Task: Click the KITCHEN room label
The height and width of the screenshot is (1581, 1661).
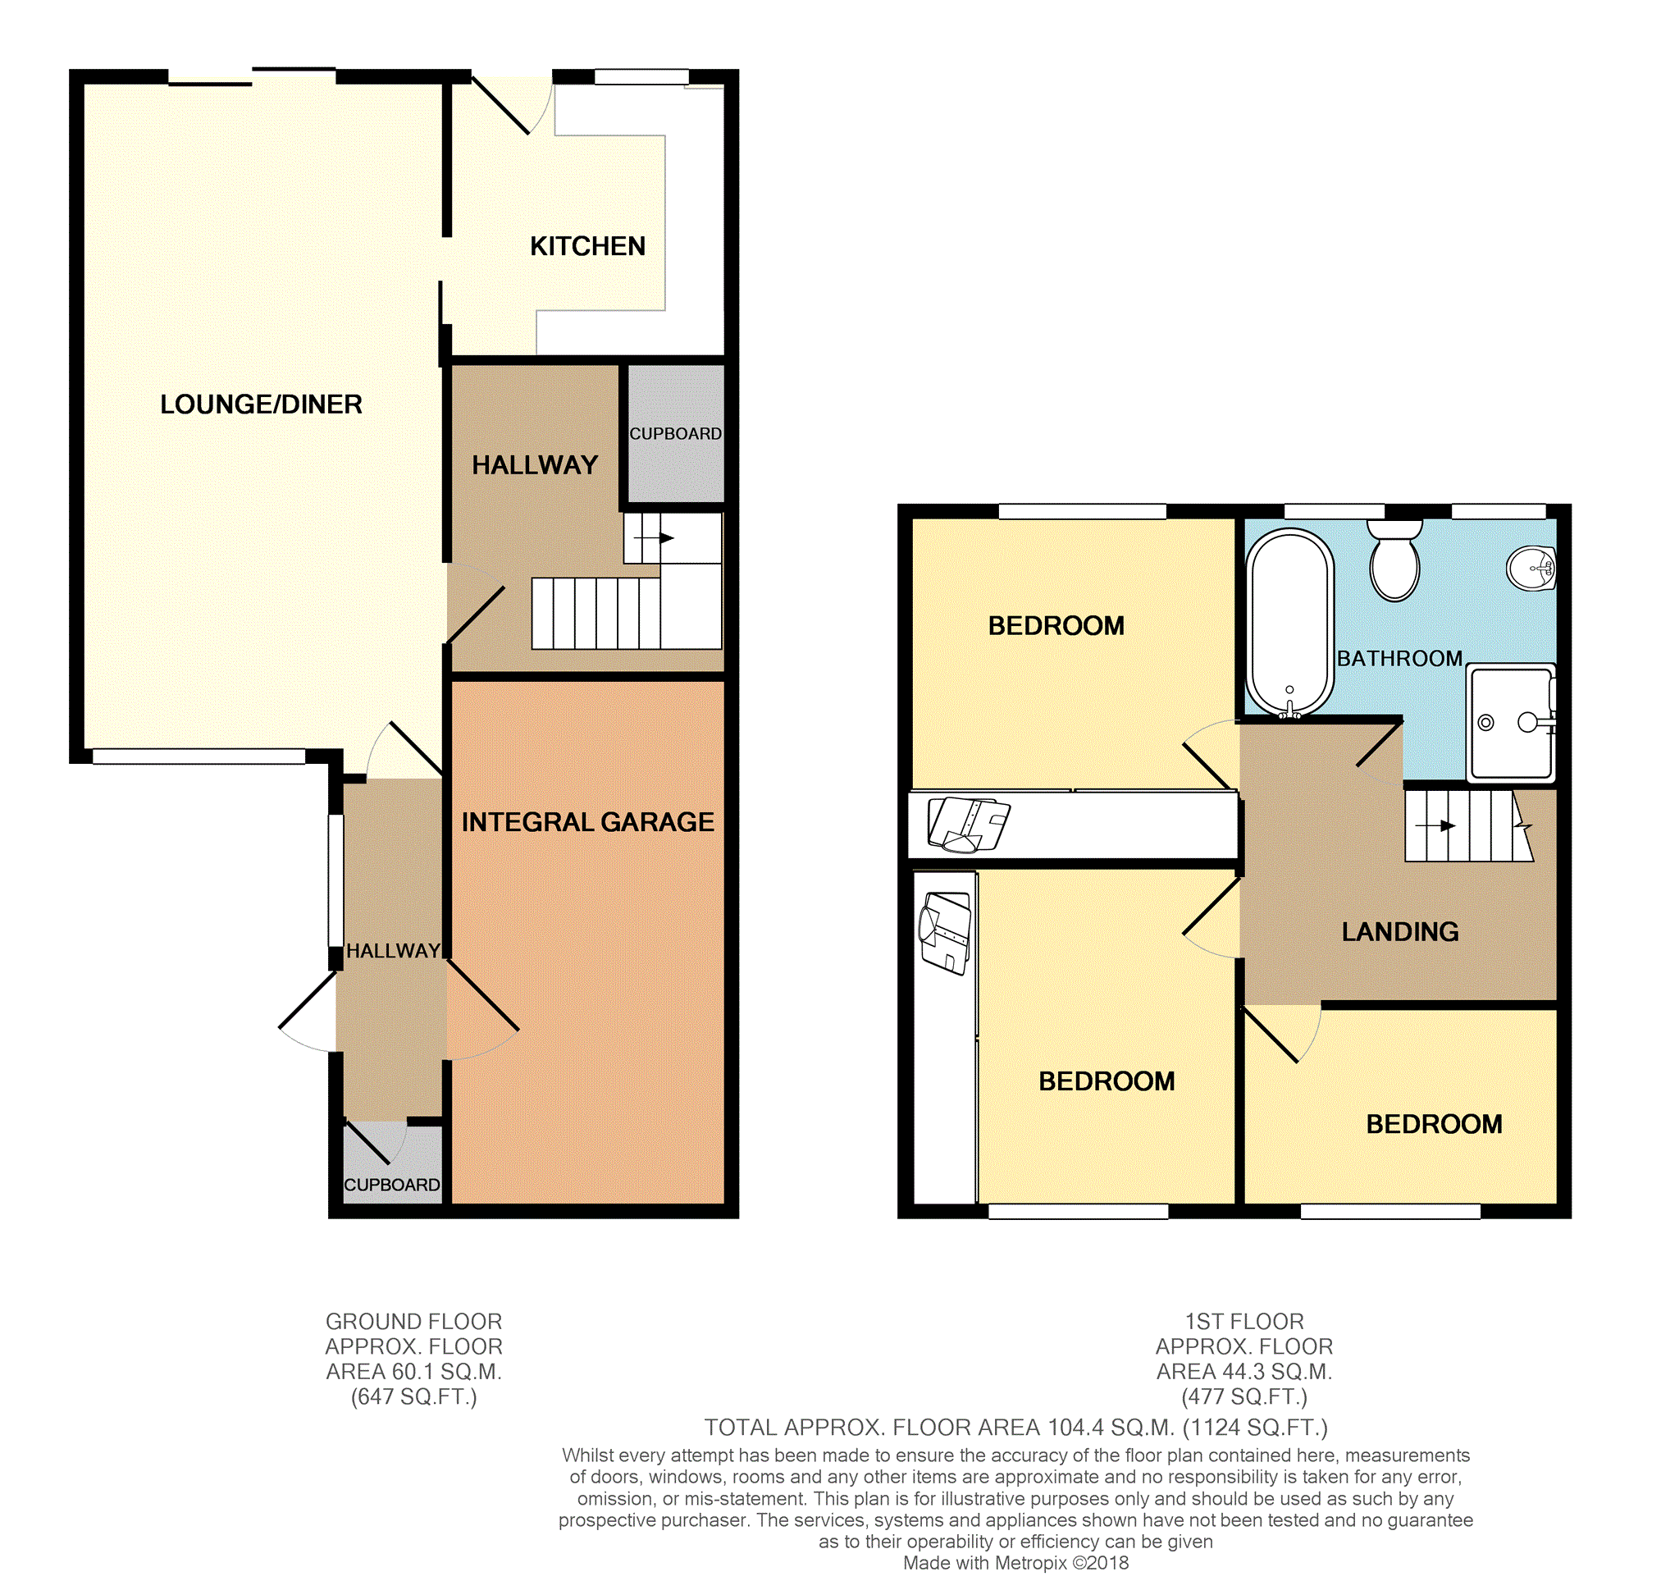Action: [x=587, y=246]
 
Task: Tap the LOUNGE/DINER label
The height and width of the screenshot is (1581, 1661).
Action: [x=261, y=404]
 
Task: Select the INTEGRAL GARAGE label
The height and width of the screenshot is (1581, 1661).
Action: [x=587, y=822]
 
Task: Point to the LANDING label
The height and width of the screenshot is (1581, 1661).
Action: [x=1400, y=931]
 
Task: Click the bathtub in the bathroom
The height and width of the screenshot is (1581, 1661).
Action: [x=1289, y=624]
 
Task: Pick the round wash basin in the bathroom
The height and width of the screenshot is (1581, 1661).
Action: [x=1531, y=569]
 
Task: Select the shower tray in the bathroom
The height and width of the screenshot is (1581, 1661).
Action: [x=1511, y=723]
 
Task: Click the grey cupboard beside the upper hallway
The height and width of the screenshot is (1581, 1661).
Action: [x=676, y=433]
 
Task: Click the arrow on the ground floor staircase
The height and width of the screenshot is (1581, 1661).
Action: [x=654, y=537]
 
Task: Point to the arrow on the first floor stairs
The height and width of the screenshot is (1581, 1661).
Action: [x=1435, y=826]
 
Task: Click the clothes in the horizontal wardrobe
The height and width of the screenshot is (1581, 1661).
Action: [x=968, y=825]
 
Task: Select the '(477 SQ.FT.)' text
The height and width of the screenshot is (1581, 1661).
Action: [x=1243, y=1397]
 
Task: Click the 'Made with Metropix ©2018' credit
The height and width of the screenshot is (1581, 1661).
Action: [x=1015, y=1563]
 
